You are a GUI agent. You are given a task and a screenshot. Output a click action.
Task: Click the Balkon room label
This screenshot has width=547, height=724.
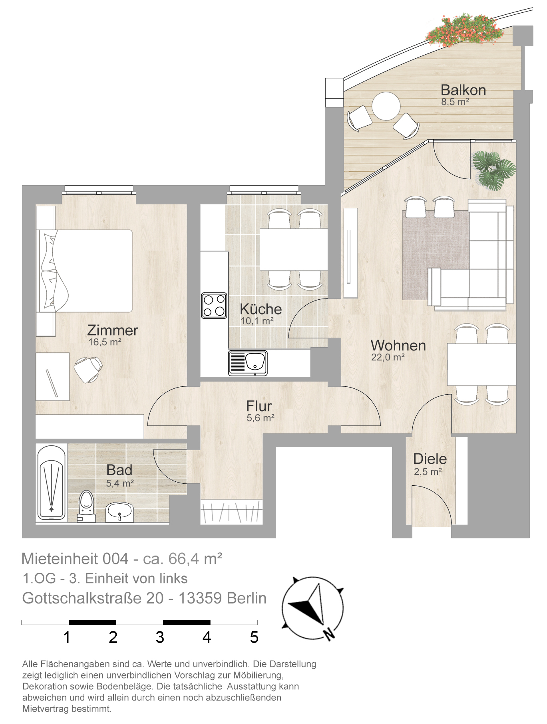coord(463,90)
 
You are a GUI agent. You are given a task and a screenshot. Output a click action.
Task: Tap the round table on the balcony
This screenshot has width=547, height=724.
coord(386,106)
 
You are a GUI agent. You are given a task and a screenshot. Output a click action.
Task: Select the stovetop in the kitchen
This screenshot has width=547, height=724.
coord(214,305)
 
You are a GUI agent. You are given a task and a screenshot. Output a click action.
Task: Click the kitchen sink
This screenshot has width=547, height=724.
coord(248,363)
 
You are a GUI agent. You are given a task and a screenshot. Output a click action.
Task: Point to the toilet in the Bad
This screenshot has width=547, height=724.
coord(86,506)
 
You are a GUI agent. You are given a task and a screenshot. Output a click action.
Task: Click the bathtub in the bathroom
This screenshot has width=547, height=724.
coord(52,483)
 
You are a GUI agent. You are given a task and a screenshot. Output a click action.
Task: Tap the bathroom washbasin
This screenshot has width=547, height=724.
coord(119,512)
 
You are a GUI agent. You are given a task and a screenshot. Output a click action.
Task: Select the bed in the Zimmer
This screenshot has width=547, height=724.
coord(85,271)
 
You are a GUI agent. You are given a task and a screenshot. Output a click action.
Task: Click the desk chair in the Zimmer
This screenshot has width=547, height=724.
coord(88,369)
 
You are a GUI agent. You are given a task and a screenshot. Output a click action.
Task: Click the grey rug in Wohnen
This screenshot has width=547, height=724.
coord(436,255)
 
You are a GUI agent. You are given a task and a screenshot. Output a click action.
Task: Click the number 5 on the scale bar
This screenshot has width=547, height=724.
coord(254,637)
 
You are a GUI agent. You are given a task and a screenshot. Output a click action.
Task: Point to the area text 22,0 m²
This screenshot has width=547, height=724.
coord(388,357)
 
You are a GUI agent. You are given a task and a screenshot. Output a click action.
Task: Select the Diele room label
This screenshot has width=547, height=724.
coord(430,459)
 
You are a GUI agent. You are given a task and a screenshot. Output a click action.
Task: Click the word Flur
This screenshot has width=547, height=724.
coord(259,406)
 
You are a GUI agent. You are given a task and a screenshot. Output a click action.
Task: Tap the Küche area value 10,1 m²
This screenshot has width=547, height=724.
coord(257,321)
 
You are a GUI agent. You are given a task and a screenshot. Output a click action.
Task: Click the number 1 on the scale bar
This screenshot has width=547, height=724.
coord(67,637)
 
